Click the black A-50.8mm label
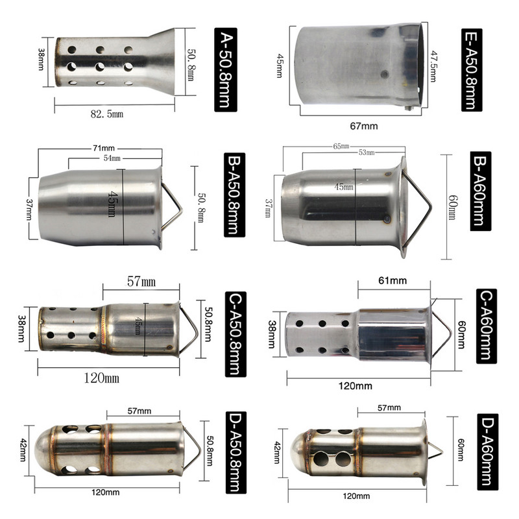click(x=226, y=69)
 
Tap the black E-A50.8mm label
click(x=472, y=69)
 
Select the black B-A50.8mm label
click(x=235, y=195)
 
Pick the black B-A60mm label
click(x=481, y=191)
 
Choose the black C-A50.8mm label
click(x=235, y=334)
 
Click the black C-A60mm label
click(x=487, y=326)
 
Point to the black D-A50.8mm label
click(x=236, y=452)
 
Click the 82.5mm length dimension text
click(x=107, y=114)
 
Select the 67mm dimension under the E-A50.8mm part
click(x=364, y=126)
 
